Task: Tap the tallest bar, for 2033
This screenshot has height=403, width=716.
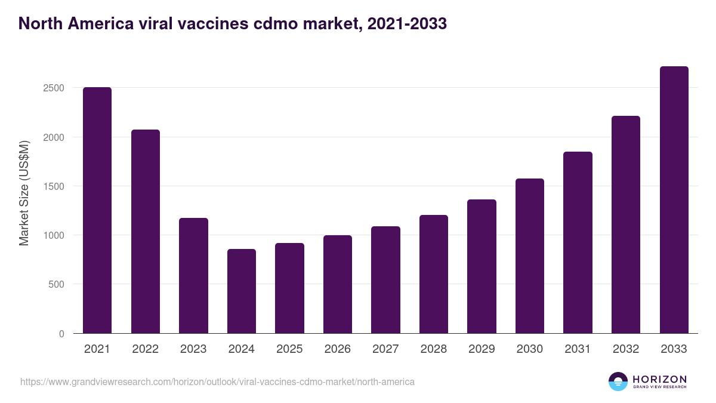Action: pyautogui.click(x=674, y=200)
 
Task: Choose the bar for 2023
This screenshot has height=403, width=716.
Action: pyautogui.click(x=193, y=275)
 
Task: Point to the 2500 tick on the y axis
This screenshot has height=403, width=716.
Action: pyautogui.click(x=53, y=88)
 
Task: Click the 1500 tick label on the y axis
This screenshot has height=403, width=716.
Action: pyautogui.click(x=53, y=186)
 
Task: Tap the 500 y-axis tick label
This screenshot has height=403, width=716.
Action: pyautogui.click(x=56, y=284)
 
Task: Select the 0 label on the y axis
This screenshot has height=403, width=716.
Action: pyautogui.click(x=61, y=334)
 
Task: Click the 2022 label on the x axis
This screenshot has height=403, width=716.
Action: pyautogui.click(x=145, y=349)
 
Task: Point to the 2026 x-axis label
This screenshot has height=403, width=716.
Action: pyautogui.click(x=338, y=349)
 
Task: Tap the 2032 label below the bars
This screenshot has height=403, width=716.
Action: pyautogui.click(x=626, y=349)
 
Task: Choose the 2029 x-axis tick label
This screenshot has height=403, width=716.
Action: pyautogui.click(x=482, y=349)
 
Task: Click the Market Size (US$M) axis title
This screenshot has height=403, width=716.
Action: pyautogui.click(x=24, y=193)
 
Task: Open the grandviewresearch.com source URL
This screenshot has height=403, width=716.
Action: pyautogui.click(x=217, y=382)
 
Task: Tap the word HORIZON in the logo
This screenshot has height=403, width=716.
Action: pyautogui.click(x=659, y=379)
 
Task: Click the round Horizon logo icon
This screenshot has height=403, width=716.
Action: pyautogui.click(x=618, y=382)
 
